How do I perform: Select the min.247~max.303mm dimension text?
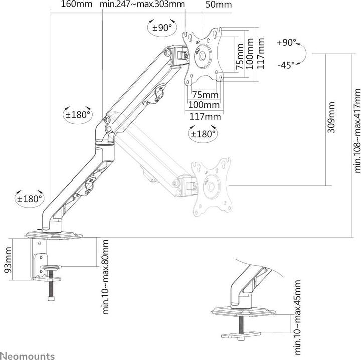click(142, 5)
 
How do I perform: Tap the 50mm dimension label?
click(219, 5)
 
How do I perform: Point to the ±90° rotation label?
click(162, 28)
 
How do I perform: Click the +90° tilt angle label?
click(286, 43)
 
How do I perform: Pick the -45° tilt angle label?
click(286, 65)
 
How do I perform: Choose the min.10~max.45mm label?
click(298, 312)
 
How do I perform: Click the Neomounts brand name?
click(27, 355)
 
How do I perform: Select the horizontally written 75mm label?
click(205, 95)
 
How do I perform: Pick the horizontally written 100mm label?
click(205, 105)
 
